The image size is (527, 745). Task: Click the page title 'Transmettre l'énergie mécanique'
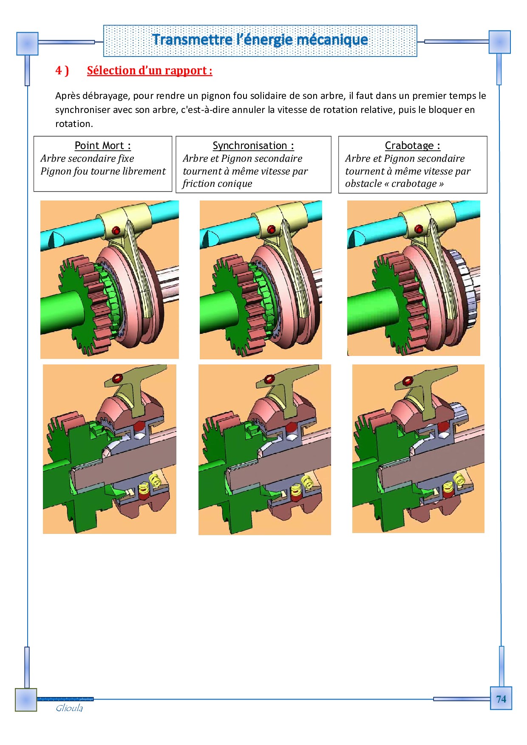pos(260,40)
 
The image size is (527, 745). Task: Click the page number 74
pos(501,699)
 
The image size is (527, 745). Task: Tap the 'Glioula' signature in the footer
pos(69,708)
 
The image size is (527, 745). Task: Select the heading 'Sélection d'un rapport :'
pos(150,71)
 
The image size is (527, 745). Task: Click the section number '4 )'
pos(62,71)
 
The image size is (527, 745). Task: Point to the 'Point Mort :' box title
pos(103,146)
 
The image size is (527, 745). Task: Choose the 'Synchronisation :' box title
pos(253,146)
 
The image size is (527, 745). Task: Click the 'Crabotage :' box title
pos(413,146)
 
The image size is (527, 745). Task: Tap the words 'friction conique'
pos(217,183)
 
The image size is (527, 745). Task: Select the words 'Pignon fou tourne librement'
pos(103,171)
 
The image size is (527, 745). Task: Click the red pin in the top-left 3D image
pos(116,231)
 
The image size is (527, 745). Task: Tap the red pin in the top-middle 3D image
pos(271,230)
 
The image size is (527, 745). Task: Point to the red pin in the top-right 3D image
pos(419,229)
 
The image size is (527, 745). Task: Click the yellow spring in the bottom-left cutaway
pos(155,480)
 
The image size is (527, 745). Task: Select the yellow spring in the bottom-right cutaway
pos(459,479)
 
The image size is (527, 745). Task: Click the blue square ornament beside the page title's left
pos(27,44)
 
